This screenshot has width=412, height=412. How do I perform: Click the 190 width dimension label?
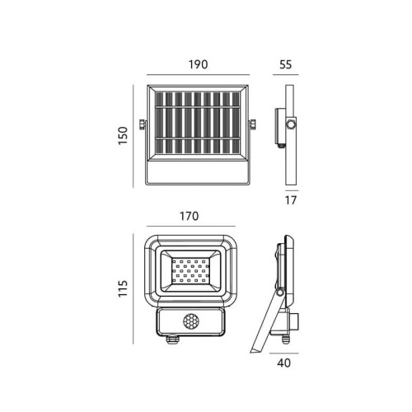pyautogui.click(x=198, y=64)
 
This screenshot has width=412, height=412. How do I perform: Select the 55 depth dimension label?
pyautogui.click(x=286, y=64)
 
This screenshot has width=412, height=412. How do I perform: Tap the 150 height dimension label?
pyautogui.click(x=123, y=136)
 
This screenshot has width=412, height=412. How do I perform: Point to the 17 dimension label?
pyautogui.click(x=291, y=200)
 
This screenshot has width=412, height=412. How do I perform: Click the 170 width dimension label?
pyautogui.click(x=190, y=216)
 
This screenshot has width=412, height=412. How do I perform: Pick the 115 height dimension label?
pyautogui.click(x=123, y=288)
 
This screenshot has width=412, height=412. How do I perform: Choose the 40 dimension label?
pyautogui.click(x=283, y=363)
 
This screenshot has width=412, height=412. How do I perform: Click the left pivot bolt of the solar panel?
pyautogui.click(x=143, y=124)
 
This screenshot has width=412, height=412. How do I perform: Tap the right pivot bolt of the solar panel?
pyautogui.click(x=252, y=124)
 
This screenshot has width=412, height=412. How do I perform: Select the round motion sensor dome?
pyautogui.click(x=191, y=321)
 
